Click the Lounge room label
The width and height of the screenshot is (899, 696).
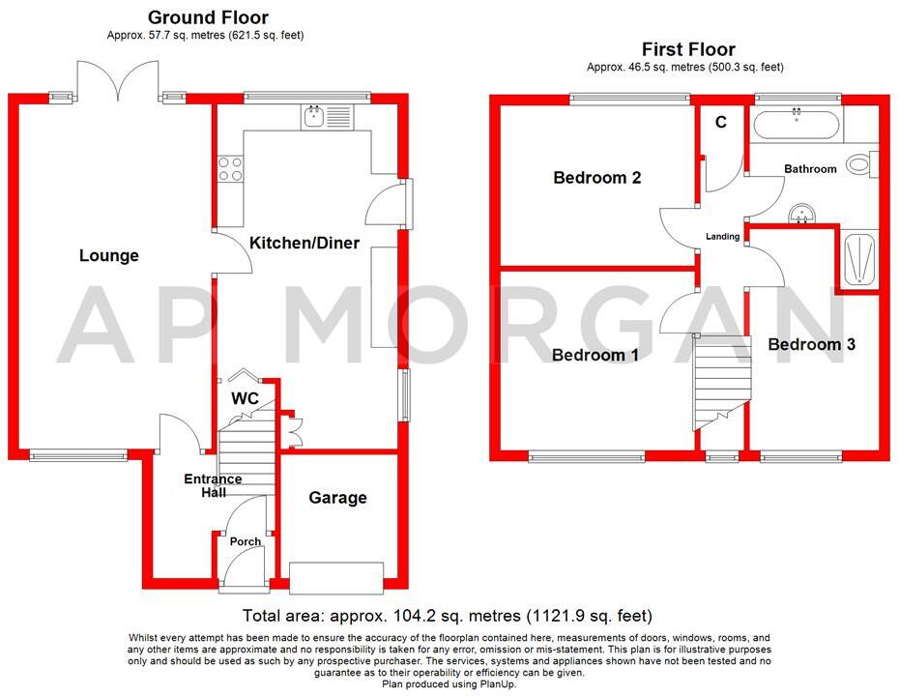109,255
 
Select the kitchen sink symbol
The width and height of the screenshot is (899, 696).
314,118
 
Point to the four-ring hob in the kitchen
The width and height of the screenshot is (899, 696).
231,169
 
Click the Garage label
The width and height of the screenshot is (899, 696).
337,498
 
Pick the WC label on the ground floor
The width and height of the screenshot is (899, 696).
244,398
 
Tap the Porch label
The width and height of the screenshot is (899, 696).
246,541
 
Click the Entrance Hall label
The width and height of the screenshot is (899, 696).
213,485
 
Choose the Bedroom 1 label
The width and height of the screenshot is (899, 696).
594,355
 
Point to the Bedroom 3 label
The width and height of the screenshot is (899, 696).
812,344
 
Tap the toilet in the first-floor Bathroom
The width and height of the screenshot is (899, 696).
859,163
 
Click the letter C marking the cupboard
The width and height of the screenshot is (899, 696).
720,123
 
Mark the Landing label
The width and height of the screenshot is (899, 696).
722,236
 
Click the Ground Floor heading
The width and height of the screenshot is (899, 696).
208,17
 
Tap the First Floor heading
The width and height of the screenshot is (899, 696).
688,48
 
